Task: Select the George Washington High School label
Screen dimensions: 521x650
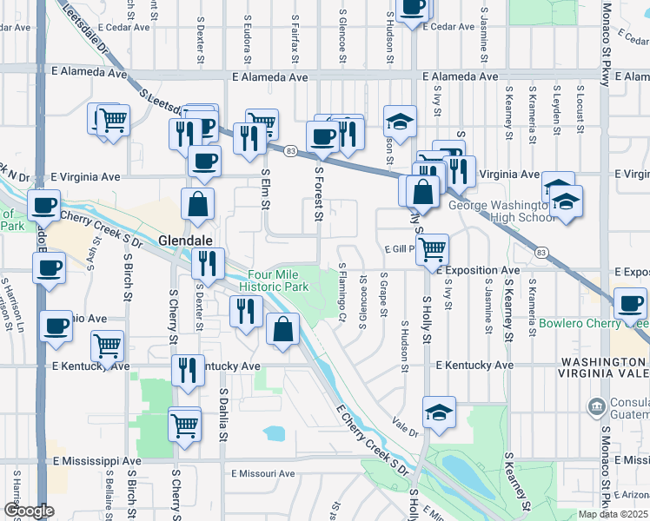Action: coord(500,212)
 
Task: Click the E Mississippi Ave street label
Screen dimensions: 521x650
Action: coord(96,460)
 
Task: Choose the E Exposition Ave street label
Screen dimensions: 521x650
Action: coord(479,271)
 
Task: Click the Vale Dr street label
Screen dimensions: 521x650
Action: coord(405,428)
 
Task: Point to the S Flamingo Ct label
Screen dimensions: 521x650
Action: coord(342,293)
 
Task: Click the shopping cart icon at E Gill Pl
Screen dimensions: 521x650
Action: coord(432,249)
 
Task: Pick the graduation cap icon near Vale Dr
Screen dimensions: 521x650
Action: coord(439,412)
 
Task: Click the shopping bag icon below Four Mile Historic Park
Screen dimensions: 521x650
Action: coord(283,328)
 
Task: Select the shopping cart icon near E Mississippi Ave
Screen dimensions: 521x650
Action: coord(184,425)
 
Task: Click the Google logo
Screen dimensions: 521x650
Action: coord(28,511)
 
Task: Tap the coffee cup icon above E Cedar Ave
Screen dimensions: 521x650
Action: coord(412,7)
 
